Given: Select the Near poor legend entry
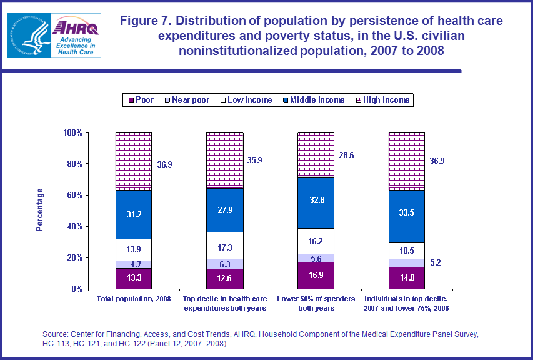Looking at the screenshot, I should click(x=187, y=99).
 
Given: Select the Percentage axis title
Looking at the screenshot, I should click(x=40, y=210).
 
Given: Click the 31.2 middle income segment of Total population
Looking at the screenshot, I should click(x=133, y=214).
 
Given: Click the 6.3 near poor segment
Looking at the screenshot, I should click(x=225, y=264).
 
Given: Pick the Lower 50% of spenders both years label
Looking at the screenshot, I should click(x=316, y=304).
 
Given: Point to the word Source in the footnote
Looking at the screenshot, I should click(x=56, y=334).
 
